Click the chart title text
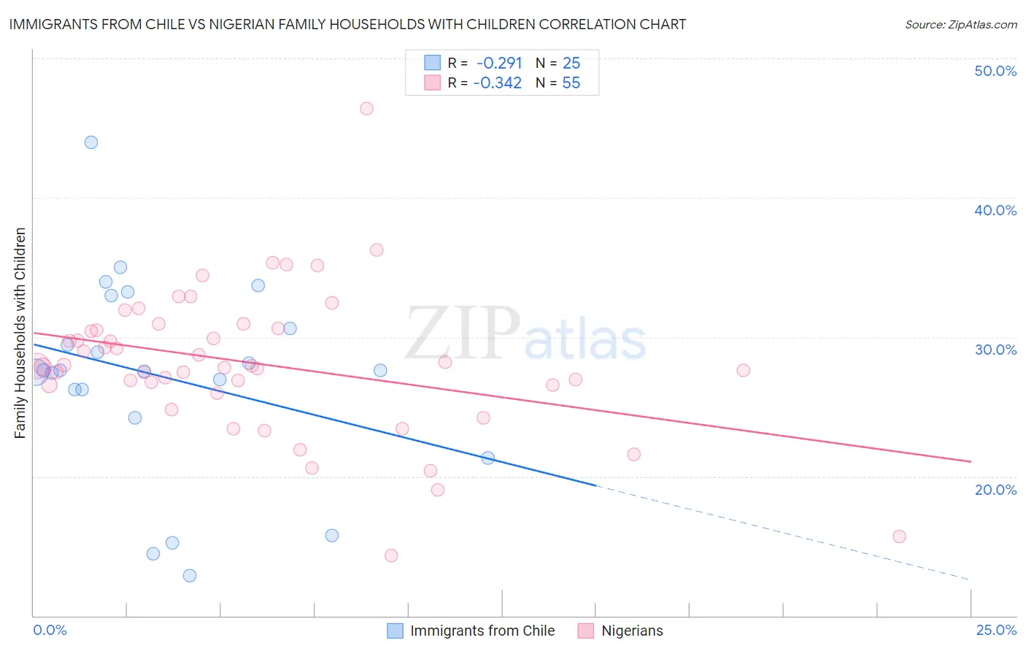click(x=347, y=24)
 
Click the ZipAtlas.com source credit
click(x=960, y=25)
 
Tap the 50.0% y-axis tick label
click(x=995, y=71)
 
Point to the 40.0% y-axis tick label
click(x=995, y=210)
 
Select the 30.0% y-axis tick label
click(x=995, y=350)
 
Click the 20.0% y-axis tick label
click(x=995, y=490)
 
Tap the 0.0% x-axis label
click(x=50, y=630)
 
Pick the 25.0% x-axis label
click(x=996, y=630)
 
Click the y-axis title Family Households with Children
click(x=20, y=333)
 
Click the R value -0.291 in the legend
click(x=499, y=63)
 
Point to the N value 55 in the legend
click(x=571, y=83)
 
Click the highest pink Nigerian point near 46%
click(x=366, y=109)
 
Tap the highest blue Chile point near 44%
click(x=91, y=142)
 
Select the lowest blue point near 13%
click(x=190, y=576)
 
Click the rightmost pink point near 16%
click(x=899, y=536)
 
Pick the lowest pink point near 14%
click(x=391, y=555)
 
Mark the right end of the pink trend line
click(x=971, y=461)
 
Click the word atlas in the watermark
click(x=585, y=341)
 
